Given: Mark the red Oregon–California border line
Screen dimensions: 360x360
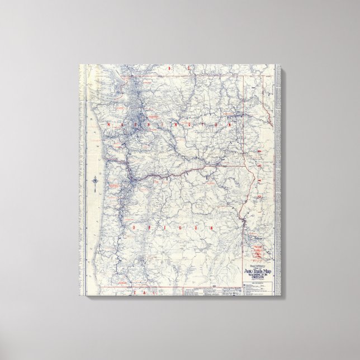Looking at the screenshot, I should click(168, 287).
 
